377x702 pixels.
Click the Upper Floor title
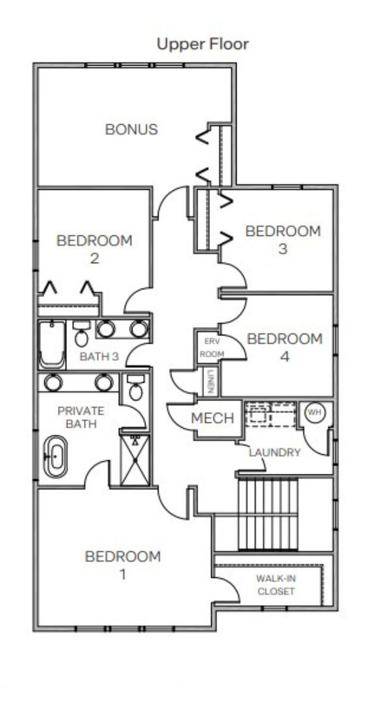pyautogui.click(x=203, y=44)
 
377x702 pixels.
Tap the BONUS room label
pyautogui.click(x=132, y=129)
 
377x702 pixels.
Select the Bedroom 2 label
pyautogui.click(x=94, y=250)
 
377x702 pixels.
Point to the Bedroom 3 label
pyautogui.click(x=283, y=240)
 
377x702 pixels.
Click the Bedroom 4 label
pyautogui.click(x=285, y=347)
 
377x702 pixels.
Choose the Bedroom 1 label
pyautogui.click(x=123, y=565)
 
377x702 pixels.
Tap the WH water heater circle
pyautogui.click(x=315, y=413)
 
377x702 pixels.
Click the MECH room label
pyautogui.click(x=213, y=419)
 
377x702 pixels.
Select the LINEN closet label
pyautogui.click(x=211, y=382)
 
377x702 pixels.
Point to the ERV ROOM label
pyautogui.click(x=211, y=347)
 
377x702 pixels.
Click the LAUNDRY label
pyautogui.click(x=274, y=452)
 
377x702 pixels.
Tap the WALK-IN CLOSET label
pyautogui.click(x=276, y=585)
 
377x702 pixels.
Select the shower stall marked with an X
pyautogui.click(x=135, y=460)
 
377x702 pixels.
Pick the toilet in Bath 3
pyautogui.click(x=81, y=334)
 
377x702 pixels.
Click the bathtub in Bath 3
pyautogui.click(x=52, y=344)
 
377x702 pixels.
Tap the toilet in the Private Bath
pyautogui.click(x=136, y=387)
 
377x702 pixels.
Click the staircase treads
pyautogui.click(x=268, y=514)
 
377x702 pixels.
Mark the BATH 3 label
pyautogui.click(x=99, y=357)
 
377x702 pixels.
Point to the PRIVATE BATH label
pyautogui.click(x=81, y=417)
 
